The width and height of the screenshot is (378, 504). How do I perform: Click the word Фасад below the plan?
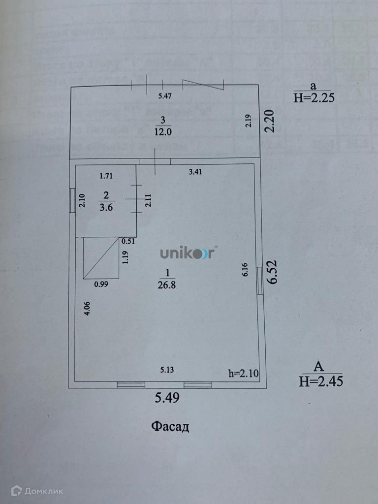click(170, 426)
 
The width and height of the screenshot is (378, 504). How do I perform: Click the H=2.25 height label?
click(314, 97)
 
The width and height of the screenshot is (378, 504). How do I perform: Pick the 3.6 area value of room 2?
click(106, 207)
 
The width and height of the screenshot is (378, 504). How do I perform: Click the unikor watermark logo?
click(188, 253)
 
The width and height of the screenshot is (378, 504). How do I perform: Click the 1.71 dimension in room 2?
click(106, 175)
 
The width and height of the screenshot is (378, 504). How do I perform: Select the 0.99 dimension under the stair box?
click(101, 283)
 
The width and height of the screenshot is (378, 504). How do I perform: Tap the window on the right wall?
click(259, 283)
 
